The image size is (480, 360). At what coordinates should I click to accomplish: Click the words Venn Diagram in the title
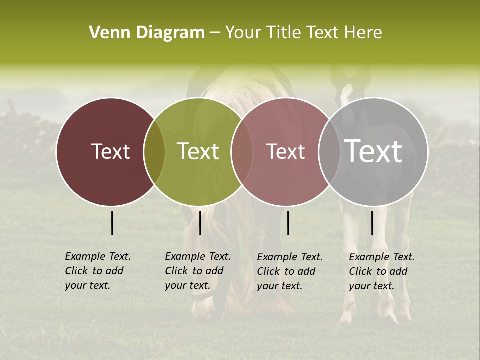147,33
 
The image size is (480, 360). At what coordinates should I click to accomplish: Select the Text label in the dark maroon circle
110,151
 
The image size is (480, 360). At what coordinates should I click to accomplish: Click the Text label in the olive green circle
198,151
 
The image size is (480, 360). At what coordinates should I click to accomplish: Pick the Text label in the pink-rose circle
285,151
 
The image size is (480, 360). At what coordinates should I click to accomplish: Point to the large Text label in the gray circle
373,151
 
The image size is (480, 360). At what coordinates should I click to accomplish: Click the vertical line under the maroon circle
112,223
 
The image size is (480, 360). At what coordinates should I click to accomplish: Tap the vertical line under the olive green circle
200,223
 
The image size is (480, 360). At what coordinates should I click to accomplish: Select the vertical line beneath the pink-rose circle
288,223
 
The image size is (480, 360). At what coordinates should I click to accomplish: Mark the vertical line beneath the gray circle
372,223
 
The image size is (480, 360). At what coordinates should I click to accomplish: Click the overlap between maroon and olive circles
154,151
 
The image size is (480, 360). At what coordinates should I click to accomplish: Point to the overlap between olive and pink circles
242,151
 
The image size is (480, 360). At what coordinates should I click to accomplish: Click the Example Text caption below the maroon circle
98,271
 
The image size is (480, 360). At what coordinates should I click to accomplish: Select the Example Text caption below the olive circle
198,271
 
